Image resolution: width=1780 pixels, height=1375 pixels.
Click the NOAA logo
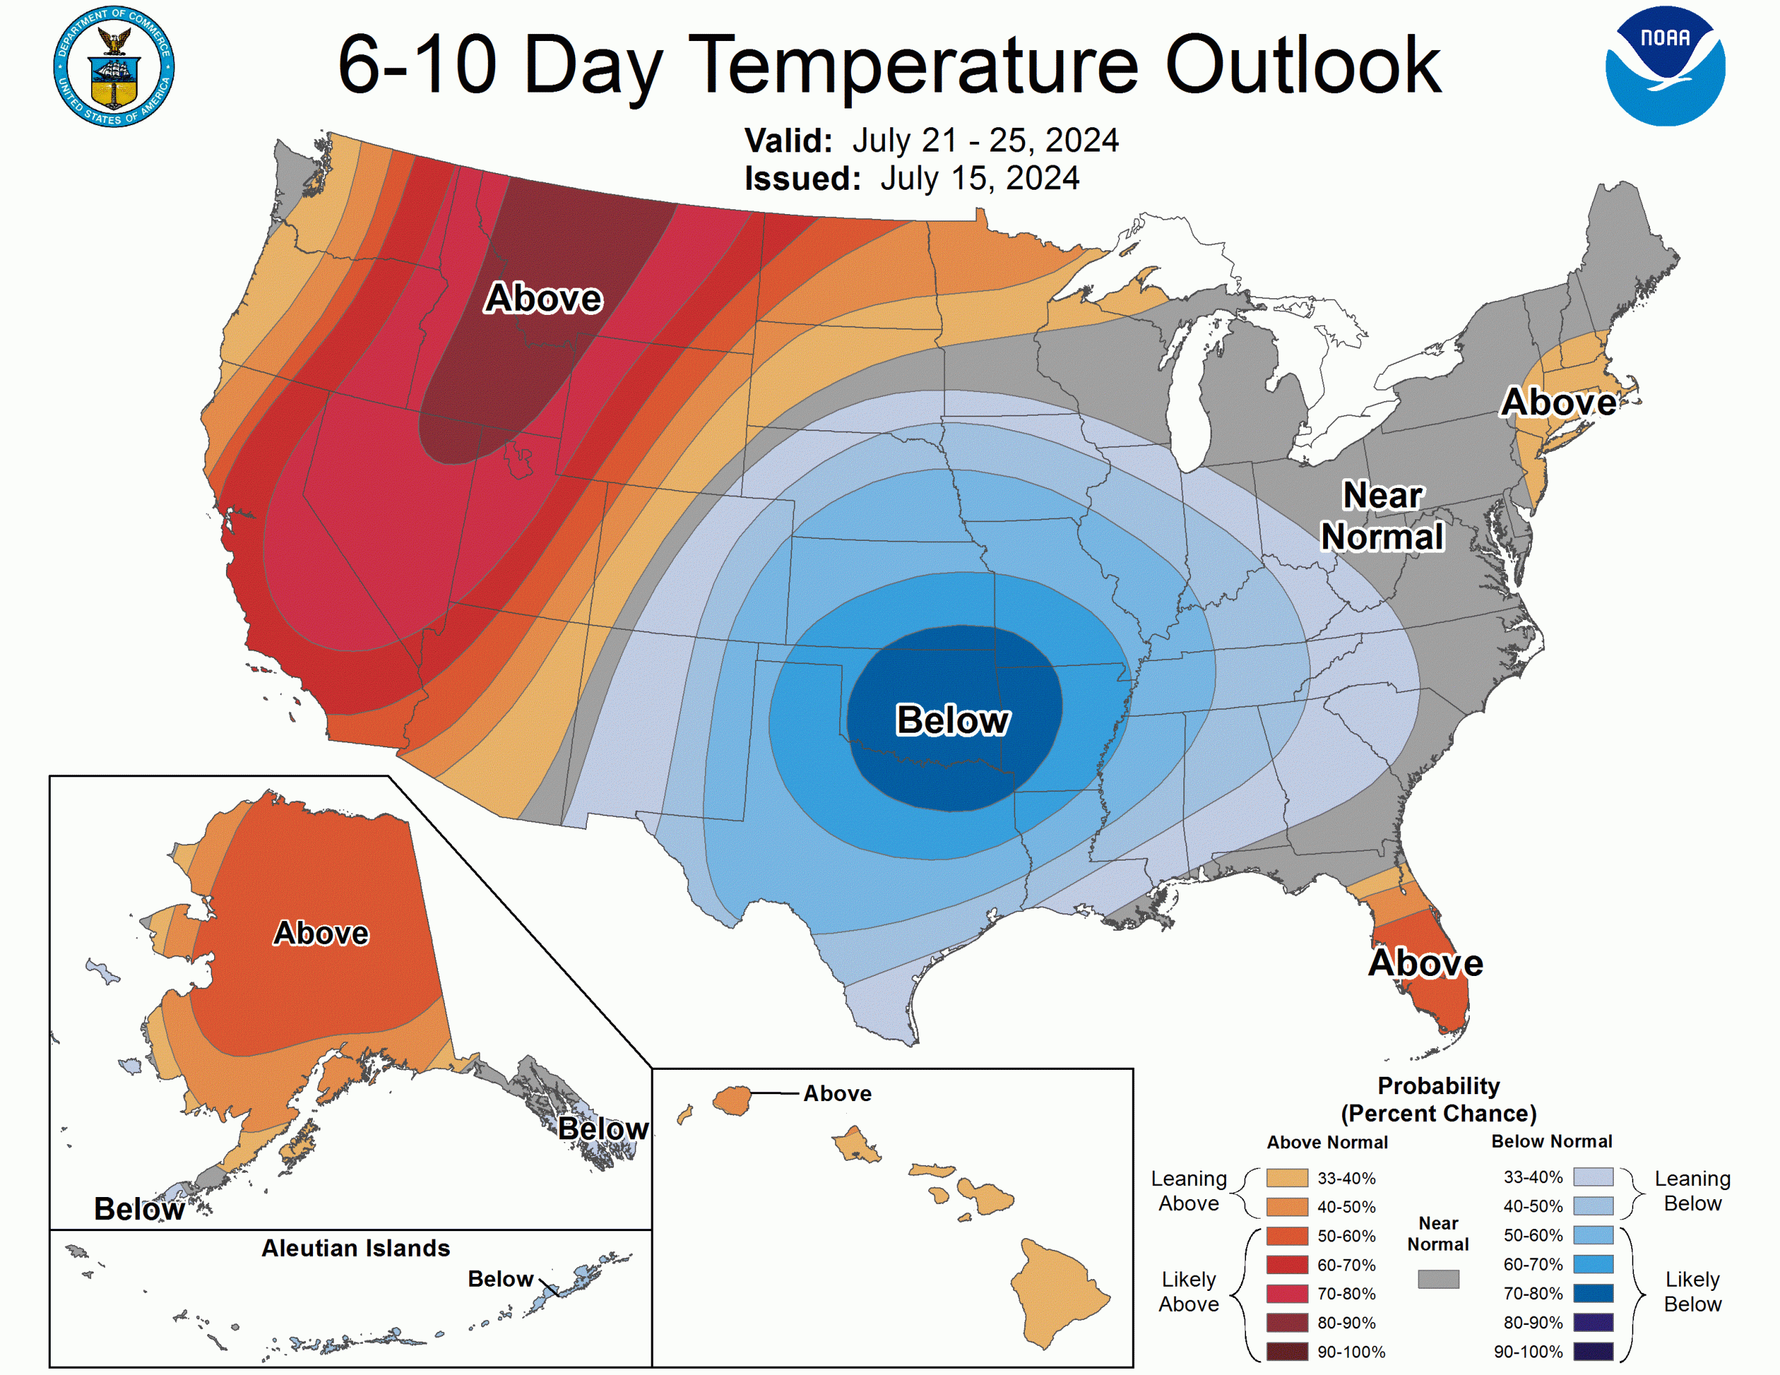point(1665,66)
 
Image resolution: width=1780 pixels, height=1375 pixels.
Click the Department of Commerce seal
point(114,66)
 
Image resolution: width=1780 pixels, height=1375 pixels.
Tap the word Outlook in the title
point(1302,65)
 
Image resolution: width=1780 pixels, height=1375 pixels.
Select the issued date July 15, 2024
point(979,179)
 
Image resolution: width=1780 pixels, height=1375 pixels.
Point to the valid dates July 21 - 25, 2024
point(985,140)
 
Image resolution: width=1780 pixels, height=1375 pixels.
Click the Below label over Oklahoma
point(952,720)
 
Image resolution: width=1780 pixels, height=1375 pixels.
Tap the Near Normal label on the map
point(1382,516)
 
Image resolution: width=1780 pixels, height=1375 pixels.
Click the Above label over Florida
point(1425,963)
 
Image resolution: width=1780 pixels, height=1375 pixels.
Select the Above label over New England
point(1558,402)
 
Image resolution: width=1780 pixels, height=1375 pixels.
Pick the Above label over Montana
point(544,298)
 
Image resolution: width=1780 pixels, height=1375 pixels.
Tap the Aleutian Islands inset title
point(355,1248)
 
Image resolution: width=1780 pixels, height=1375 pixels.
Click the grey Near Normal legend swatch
point(1438,1279)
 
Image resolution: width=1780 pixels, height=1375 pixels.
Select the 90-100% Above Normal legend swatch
point(1287,1351)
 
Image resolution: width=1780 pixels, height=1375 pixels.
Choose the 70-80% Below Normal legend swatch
point(1592,1294)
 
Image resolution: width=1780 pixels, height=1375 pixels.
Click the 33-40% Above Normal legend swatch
point(1287,1178)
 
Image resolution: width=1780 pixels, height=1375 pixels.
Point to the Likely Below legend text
point(1692,1292)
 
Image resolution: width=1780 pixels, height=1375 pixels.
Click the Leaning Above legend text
point(1188,1191)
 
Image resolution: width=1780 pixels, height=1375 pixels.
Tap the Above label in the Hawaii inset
point(837,1093)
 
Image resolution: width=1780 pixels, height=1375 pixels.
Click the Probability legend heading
point(1438,1086)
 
